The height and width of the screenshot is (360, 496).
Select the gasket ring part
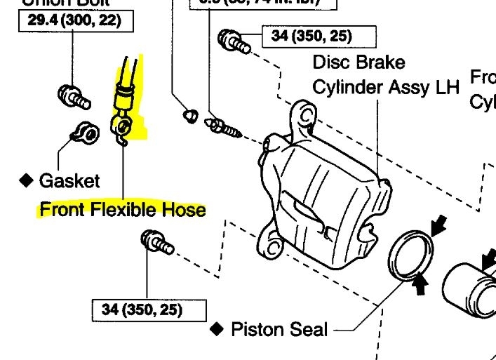(83, 131)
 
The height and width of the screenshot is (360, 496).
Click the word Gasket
(69, 180)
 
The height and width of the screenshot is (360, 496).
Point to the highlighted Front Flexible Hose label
(123, 209)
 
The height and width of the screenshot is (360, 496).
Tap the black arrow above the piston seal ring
(440, 226)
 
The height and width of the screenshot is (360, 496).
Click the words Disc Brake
(358, 62)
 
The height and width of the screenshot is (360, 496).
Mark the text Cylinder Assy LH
(385, 87)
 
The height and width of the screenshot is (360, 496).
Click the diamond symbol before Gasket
(27, 181)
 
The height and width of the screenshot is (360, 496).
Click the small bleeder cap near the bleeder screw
(188, 114)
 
